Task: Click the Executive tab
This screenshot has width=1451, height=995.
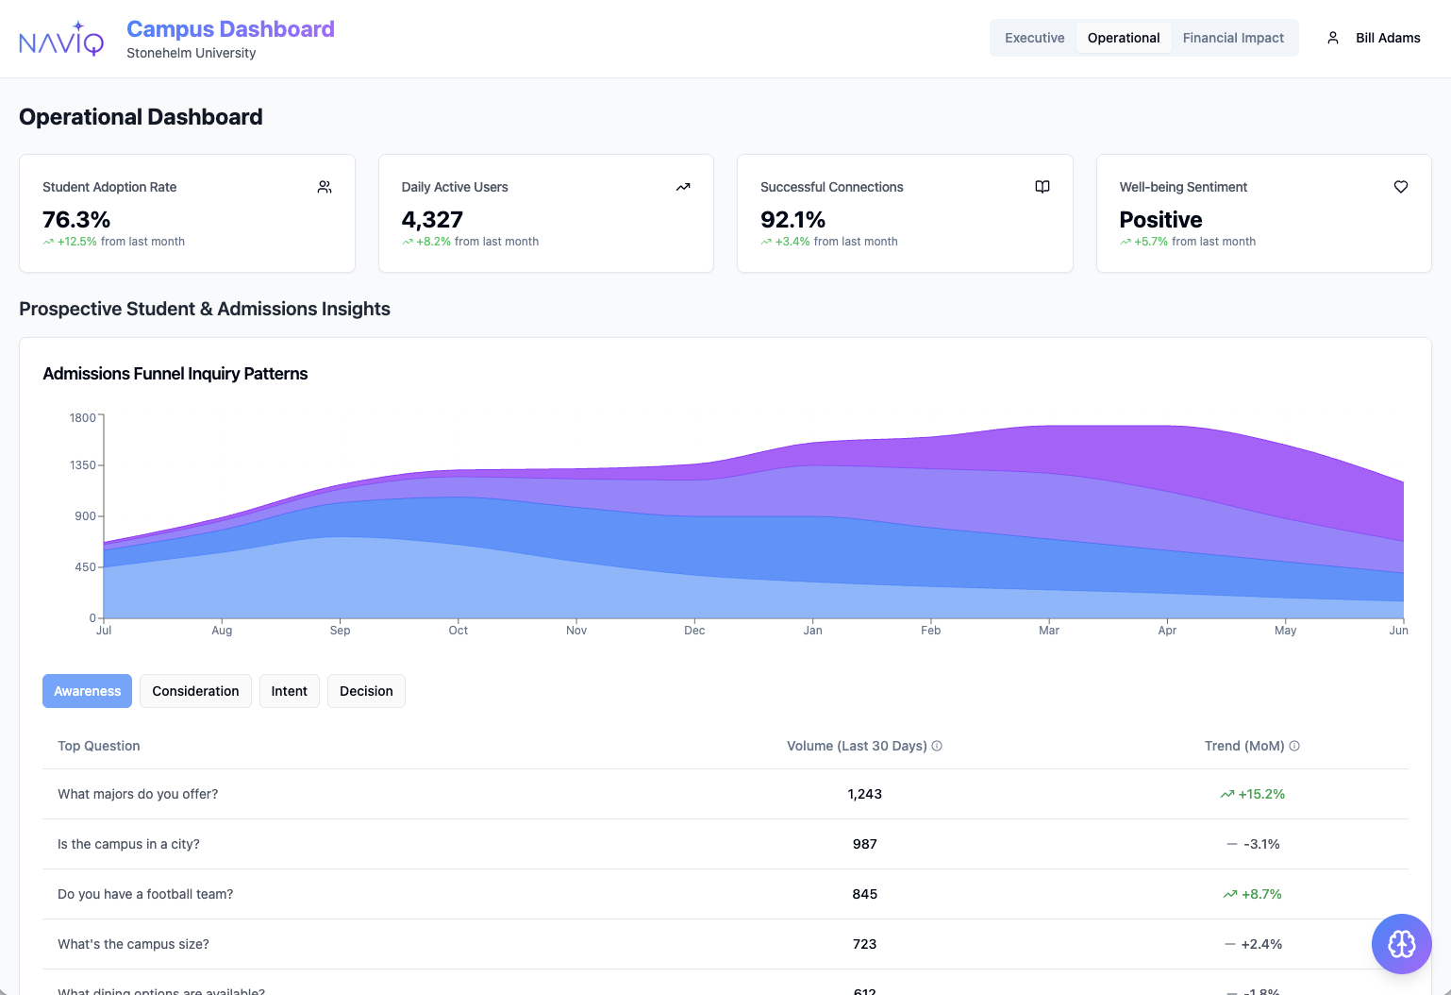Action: pos(1034,38)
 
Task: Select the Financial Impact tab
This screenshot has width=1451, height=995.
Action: pos(1233,38)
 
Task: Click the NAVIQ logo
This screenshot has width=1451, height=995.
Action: pos(61,40)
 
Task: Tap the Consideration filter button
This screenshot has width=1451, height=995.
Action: pos(195,691)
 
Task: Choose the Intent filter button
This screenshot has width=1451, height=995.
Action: pos(289,691)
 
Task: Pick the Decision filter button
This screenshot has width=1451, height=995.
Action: pos(366,691)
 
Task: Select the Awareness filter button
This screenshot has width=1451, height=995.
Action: pos(87,691)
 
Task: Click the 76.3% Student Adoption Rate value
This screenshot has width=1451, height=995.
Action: pos(76,220)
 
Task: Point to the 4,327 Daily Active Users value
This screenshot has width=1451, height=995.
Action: pos(432,220)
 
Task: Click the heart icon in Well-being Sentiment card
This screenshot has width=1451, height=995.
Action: pos(1401,187)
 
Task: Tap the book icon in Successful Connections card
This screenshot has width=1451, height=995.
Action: pos(1042,187)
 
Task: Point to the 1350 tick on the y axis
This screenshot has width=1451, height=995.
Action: pos(83,465)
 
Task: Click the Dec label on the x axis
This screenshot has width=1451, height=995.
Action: pos(694,631)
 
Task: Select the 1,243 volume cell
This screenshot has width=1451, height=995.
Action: pos(864,794)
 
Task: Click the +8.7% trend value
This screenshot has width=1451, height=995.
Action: pos(1261,894)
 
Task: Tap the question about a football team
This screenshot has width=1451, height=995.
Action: pos(145,894)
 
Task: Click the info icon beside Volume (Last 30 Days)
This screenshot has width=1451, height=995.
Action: pos(937,746)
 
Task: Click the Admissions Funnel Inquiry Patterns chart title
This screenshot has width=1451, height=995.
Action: pos(175,374)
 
